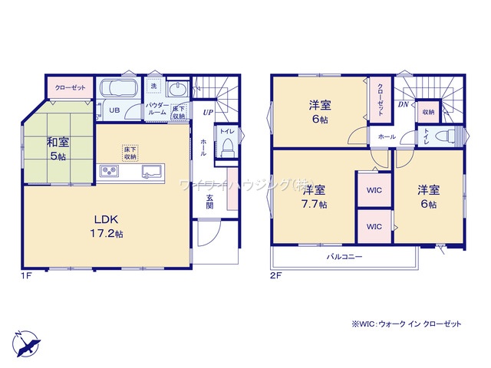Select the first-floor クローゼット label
click(70, 87)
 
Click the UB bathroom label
click(114, 110)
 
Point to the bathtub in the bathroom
click(117, 87)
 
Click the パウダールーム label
click(157, 109)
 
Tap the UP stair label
click(207, 113)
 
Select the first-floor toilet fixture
click(226, 147)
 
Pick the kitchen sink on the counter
click(150, 170)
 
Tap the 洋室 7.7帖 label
click(314, 197)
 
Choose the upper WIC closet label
click(374, 189)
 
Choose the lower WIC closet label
click(374, 227)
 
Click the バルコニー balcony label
click(344, 257)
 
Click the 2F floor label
click(273, 274)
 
